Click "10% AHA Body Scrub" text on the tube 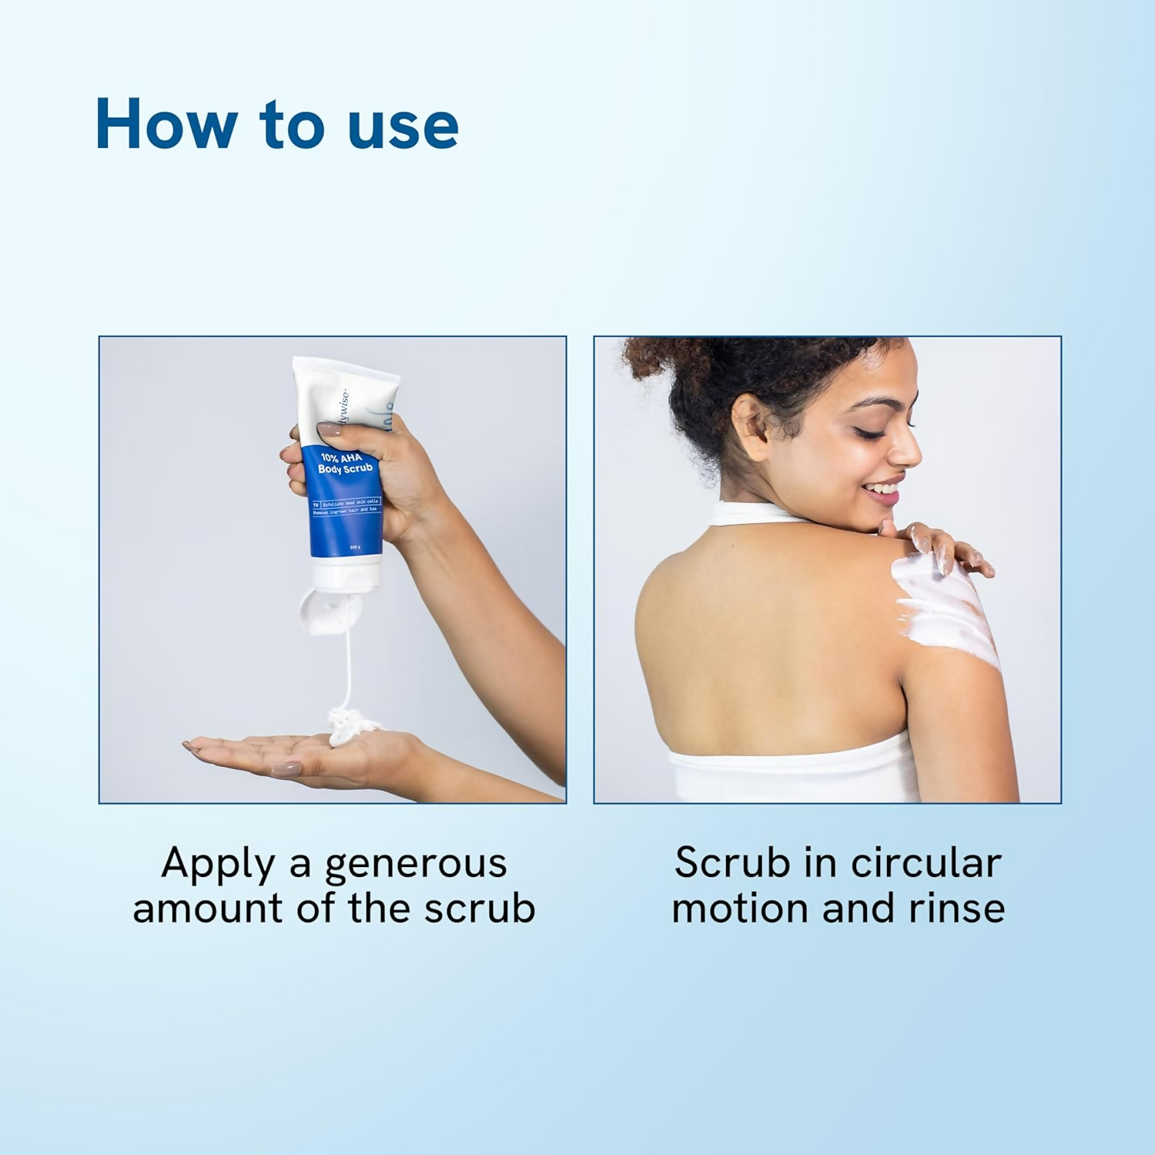[x=346, y=463]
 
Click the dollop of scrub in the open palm [x=350, y=725]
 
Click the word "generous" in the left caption [x=416, y=864]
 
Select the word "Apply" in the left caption [x=217, y=864]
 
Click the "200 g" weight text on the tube [x=354, y=547]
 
